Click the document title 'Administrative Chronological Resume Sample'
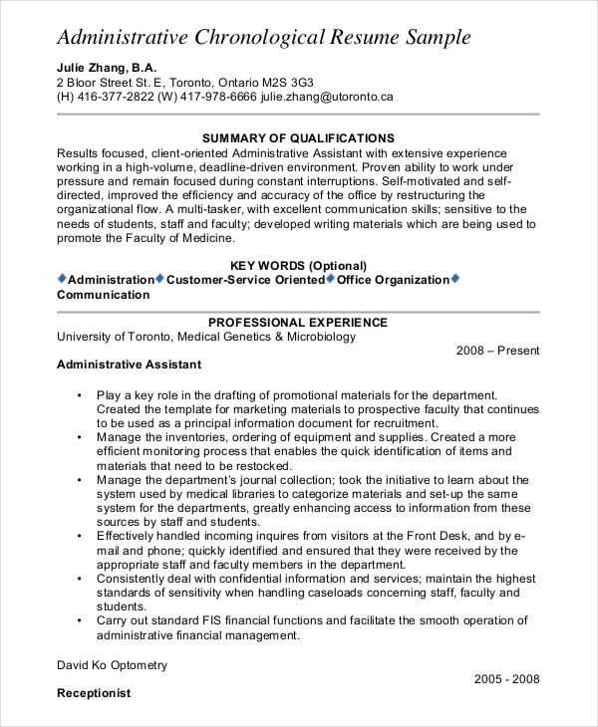(x=264, y=38)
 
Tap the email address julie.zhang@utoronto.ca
(x=327, y=98)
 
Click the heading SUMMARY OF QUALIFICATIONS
(x=298, y=138)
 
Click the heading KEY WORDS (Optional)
(x=298, y=266)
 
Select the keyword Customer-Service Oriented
(x=245, y=280)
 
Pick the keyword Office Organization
(x=393, y=280)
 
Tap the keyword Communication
(x=104, y=295)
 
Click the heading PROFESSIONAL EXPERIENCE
(x=298, y=323)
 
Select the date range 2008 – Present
(x=497, y=351)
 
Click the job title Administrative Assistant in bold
(x=129, y=364)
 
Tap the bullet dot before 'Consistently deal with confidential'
(x=79, y=579)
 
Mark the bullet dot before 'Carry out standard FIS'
(x=79, y=621)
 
